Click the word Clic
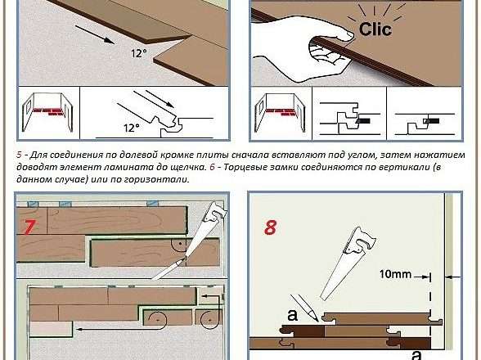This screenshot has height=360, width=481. [375, 29]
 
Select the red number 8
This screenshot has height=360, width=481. [270, 227]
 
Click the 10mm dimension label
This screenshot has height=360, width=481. [395, 274]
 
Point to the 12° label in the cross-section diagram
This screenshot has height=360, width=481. [132, 128]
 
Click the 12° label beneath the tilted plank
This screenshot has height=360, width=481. [139, 53]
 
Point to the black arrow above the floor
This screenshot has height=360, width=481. [95, 34]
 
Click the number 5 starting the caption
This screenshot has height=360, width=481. [19, 155]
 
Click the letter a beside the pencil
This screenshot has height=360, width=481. [292, 315]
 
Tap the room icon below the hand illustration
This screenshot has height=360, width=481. [280, 113]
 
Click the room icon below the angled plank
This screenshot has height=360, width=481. [47, 113]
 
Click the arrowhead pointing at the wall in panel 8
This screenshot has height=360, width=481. [449, 277]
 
